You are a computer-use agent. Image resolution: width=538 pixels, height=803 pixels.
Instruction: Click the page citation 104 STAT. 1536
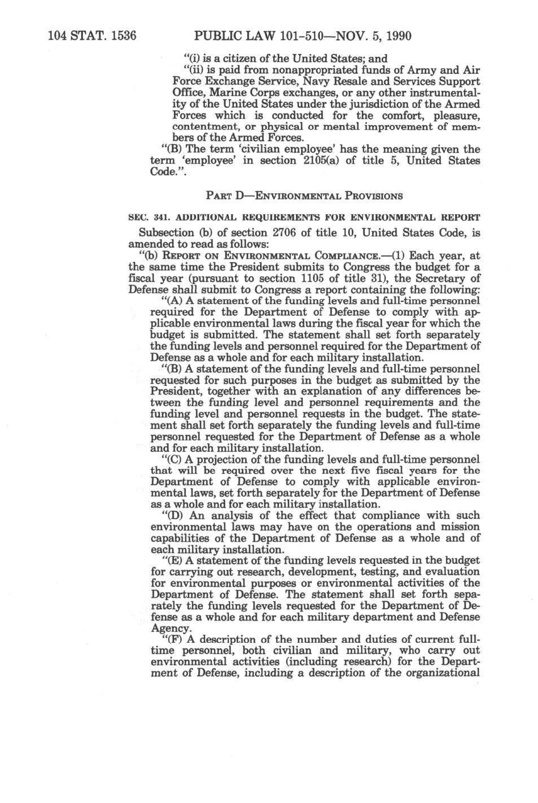pyautogui.click(x=92, y=36)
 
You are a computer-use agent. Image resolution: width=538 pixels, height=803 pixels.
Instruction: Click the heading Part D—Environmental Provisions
pyautogui.click(x=304, y=196)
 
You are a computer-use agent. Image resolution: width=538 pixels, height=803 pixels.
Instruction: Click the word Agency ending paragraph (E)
pyautogui.click(x=169, y=629)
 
